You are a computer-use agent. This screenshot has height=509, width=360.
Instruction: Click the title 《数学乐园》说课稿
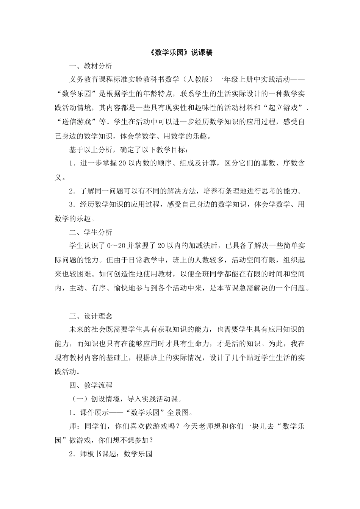[x=180, y=53]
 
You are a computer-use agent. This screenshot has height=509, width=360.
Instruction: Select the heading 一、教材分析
[x=91, y=66]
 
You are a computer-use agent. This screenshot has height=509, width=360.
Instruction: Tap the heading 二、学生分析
[x=91, y=232]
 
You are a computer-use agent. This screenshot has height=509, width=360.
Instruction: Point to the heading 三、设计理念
[x=91, y=316]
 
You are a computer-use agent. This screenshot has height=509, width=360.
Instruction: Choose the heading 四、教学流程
[x=91, y=386]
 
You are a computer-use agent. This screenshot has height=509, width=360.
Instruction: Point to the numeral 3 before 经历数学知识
[x=71, y=205]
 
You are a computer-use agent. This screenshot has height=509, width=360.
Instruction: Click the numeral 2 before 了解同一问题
[x=71, y=191]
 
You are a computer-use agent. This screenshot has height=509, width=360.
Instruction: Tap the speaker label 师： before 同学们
[x=74, y=426]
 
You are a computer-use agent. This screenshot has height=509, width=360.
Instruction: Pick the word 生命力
[x=198, y=343]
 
